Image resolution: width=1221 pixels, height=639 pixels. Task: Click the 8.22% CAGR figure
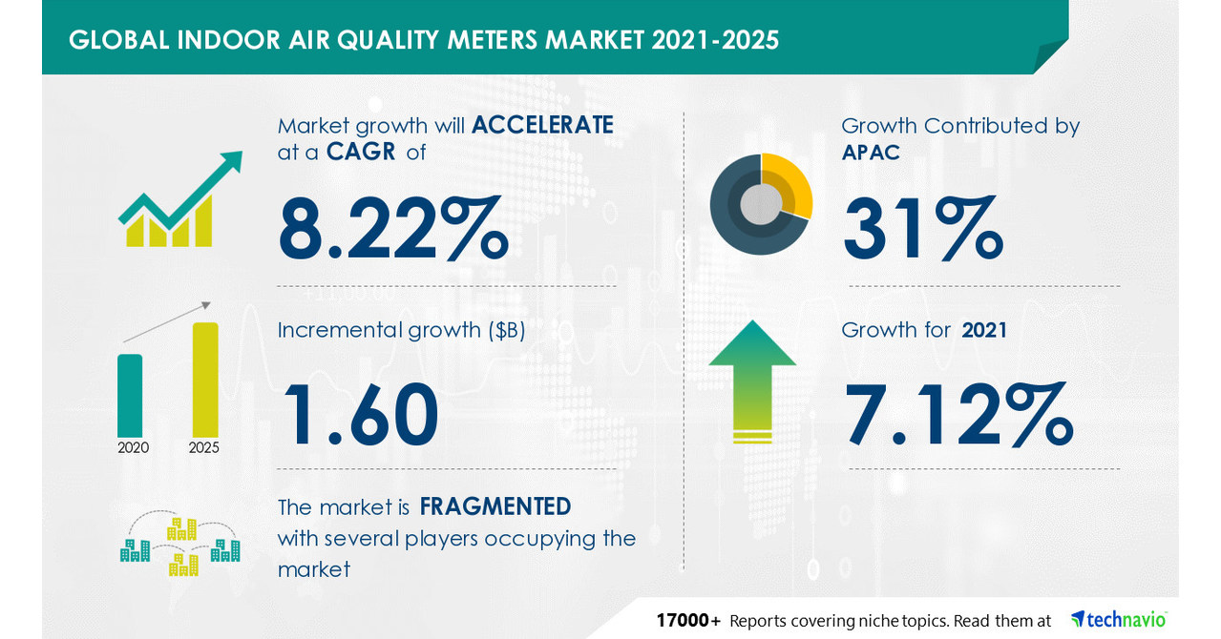coord(392,228)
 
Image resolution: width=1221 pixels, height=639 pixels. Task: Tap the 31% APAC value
coord(922,228)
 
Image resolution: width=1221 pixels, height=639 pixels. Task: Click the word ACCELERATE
coord(542,125)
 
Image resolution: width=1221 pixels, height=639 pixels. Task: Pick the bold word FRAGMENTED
coord(495,505)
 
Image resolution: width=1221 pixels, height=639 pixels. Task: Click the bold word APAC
coord(871,153)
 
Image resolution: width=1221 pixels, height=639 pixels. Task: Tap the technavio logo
coord(1118,619)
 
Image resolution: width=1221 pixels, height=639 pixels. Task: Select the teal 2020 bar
coord(130,395)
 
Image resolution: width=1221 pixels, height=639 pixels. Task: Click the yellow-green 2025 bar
coord(205,379)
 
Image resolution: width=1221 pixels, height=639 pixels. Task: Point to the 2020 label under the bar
coord(133,447)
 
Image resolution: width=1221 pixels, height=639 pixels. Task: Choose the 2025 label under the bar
coord(203,447)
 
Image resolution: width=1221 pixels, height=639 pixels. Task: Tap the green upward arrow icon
coord(752,381)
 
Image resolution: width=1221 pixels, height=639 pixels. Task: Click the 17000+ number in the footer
coord(687,621)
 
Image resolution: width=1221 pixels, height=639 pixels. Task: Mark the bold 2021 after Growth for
coord(984,331)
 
